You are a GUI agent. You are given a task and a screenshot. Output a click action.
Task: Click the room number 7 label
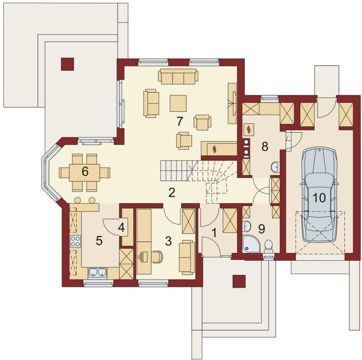click(x=180, y=121)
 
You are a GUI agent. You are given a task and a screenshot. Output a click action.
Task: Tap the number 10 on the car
click(x=319, y=197)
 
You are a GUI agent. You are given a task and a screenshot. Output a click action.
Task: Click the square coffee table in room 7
click(x=178, y=103)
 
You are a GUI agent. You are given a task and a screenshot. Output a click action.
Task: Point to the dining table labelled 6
click(x=85, y=173)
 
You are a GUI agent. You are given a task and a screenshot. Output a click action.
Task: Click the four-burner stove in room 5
click(x=75, y=241)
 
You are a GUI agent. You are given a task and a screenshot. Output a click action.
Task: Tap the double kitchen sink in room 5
click(x=97, y=272)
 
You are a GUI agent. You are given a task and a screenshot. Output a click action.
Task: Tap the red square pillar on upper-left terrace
click(x=67, y=64)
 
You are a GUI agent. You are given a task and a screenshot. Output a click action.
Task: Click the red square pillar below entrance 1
click(x=239, y=281)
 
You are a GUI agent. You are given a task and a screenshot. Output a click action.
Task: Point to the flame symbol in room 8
click(x=249, y=130)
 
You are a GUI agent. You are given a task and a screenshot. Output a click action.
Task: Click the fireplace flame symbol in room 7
click(x=215, y=149)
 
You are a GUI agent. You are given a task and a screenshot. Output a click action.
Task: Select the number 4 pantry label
click(x=121, y=228)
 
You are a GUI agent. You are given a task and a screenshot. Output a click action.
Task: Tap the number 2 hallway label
click(x=171, y=193)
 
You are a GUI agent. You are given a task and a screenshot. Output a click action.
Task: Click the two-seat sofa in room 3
click(x=187, y=257)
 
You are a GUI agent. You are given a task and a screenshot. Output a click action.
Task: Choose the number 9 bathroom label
click(x=261, y=229)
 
